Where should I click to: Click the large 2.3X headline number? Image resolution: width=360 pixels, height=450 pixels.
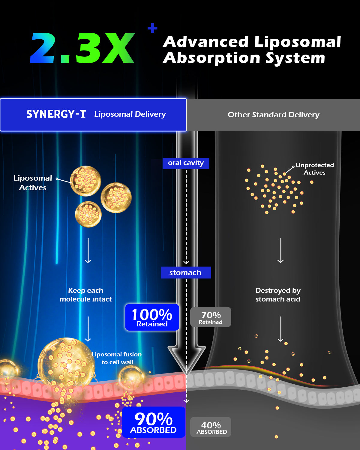[x=82, y=48]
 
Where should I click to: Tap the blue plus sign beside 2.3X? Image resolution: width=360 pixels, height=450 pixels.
[x=152, y=28]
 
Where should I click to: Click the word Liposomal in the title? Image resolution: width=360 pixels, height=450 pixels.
[x=298, y=42]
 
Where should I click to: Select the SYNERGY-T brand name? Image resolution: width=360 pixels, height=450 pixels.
[x=56, y=114]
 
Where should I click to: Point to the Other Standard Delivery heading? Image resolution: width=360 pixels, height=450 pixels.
[x=273, y=115]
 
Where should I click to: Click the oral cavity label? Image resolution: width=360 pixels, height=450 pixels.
[x=186, y=163]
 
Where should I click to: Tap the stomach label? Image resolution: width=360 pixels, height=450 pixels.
[x=186, y=272]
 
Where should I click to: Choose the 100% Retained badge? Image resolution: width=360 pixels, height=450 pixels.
[x=152, y=317]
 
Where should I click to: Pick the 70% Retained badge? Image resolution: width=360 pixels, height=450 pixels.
[x=211, y=317]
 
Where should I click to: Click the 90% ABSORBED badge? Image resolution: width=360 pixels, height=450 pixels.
[x=154, y=422]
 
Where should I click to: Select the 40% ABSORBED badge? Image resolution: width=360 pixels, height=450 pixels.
[x=211, y=427]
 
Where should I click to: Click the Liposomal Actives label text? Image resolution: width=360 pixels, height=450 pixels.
[x=33, y=183]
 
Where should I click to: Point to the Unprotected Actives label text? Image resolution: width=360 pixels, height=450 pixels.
[x=315, y=169]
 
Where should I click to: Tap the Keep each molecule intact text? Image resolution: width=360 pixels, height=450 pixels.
[x=85, y=295]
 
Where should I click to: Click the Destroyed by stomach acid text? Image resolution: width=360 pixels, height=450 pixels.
[x=278, y=295]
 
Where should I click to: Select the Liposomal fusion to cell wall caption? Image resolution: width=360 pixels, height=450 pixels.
[x=117, y=358]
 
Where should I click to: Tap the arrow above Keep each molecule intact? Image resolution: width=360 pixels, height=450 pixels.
[x=88, y=250]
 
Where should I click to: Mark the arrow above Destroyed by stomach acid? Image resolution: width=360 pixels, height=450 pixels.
[x=280, y=250]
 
